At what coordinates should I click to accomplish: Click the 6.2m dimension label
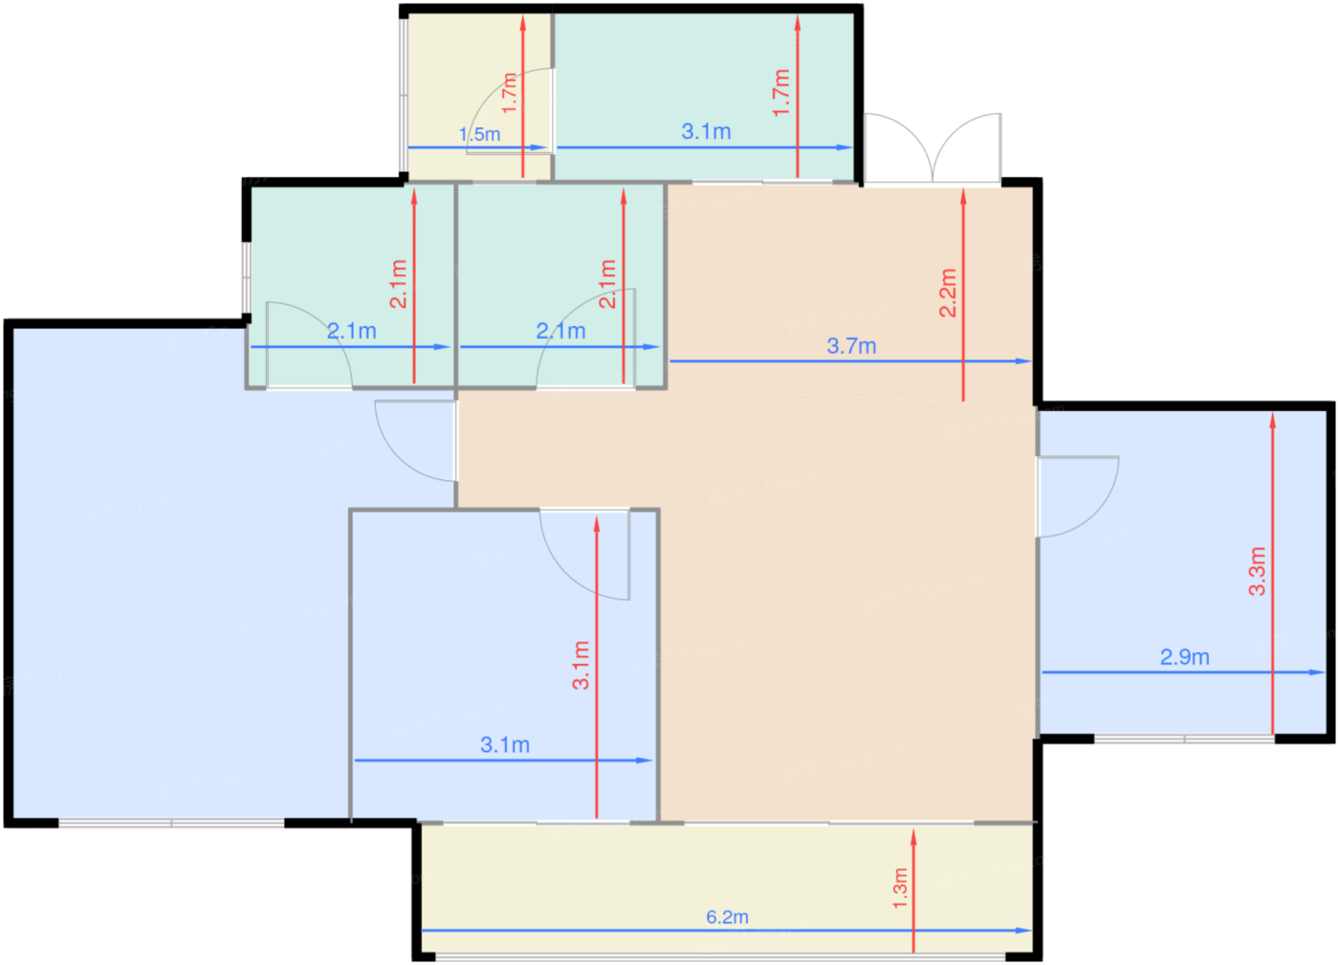(x=727, y=917)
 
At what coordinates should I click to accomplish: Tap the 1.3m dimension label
(x=900, y=888)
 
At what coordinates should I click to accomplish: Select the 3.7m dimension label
(x=851, y=345)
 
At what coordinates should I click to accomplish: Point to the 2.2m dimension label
(x=948, y=293)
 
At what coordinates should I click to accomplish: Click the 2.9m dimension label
(x=1185, y=657)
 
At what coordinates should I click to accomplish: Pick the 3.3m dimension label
(x=1257, y=571)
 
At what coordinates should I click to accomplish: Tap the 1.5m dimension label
(x=479, y=134)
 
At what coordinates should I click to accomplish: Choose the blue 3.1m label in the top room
(x=706, y=132)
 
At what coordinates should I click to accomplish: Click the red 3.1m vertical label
(x=581, y=666)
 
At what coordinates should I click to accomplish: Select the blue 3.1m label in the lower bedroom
(x=505, y=745)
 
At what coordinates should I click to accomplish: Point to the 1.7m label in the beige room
(x=509, y=93)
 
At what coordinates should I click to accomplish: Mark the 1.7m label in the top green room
(x=781, y=93)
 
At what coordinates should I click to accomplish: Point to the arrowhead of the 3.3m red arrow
(x=1273, y=420)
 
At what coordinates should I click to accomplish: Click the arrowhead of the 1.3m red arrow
(x=913, y=838)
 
